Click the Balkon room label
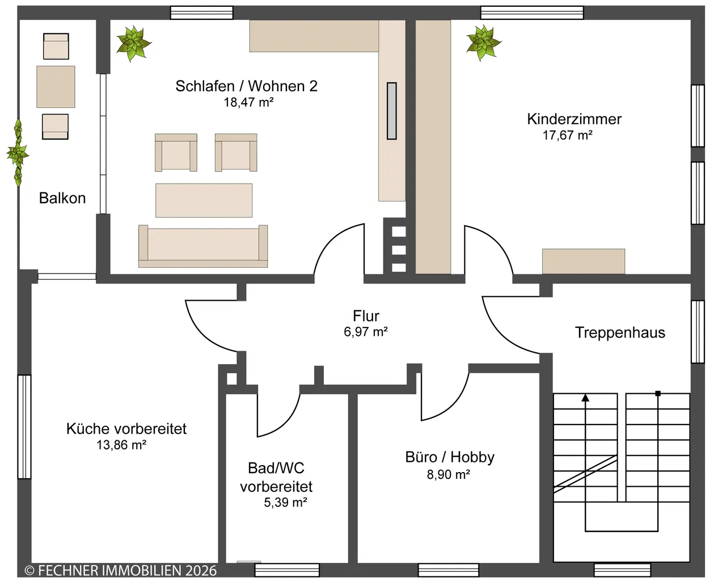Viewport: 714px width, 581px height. (62, 198)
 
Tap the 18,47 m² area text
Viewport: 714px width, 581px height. (248, 102)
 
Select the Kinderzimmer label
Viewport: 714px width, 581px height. (574, 119)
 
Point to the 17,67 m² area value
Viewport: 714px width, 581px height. (567, 136)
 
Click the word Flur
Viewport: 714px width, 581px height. (366, 316)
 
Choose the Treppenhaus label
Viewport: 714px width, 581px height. (620, 332)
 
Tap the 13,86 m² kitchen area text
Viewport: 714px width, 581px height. (121, 445)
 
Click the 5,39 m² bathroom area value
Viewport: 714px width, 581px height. (285, 502)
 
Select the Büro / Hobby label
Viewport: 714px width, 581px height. (450, 457)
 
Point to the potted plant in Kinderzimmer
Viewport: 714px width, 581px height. (483, 43)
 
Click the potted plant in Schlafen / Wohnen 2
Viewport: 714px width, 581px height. (134, 44)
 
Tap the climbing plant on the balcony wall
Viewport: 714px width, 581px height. (18, 153)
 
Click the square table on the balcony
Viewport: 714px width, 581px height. (56, 87)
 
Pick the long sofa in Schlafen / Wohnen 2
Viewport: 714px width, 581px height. (203, 246)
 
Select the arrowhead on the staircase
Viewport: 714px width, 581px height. (585, 398)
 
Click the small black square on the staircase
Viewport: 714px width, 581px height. (658, 394)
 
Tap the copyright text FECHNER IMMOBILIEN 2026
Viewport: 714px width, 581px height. (121, 571)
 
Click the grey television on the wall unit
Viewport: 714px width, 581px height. (392, 111)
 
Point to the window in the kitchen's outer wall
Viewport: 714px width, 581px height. (24, 427)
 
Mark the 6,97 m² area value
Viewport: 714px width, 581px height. (366, 332)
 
